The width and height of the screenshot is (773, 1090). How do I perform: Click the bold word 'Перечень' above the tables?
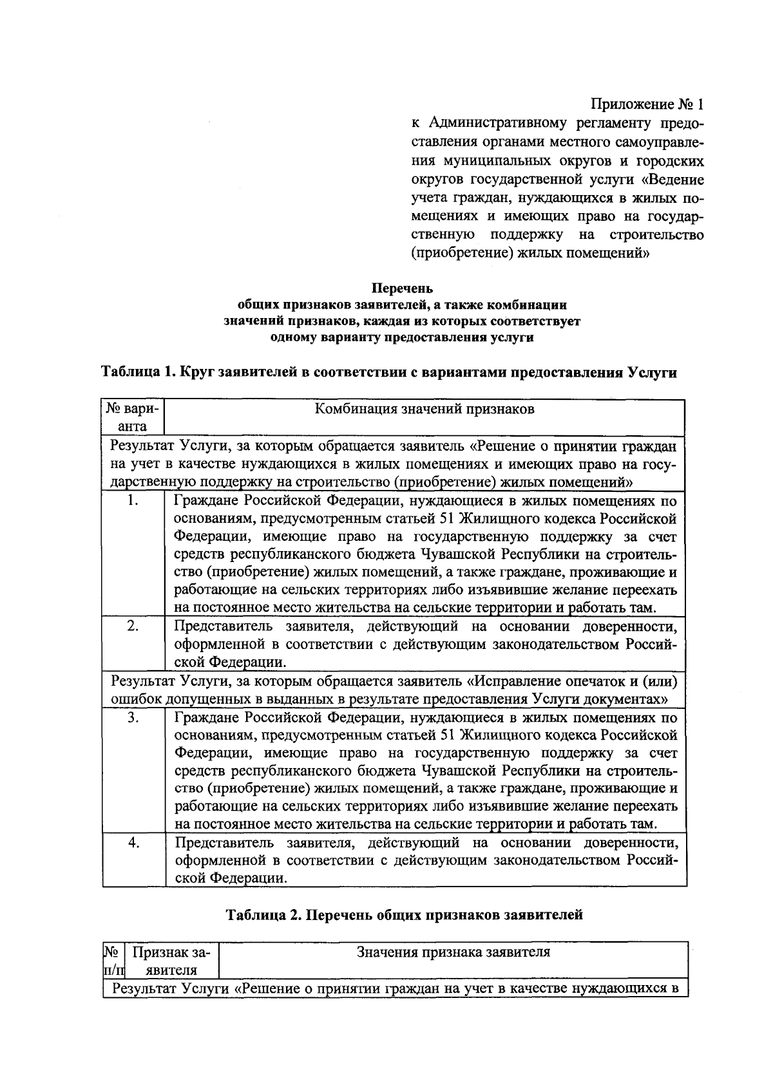click(x=405, y=288)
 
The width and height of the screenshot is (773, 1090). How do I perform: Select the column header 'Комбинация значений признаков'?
click(x=424, y=409)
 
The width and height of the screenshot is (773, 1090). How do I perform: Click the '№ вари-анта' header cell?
click(x=133, y=417)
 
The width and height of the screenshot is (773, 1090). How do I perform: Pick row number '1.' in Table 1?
click(x=133, y=501)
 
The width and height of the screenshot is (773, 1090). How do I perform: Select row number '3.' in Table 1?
click(x=133, y=717)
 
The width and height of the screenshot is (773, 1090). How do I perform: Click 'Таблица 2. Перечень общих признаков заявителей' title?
click(x=404, y=914)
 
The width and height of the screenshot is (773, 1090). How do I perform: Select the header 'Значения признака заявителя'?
click(x=453, y=952)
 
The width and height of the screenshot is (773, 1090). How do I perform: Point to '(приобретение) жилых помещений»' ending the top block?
click(x=530, y=253)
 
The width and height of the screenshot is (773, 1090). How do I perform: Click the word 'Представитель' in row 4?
click(x=218, y=842)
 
